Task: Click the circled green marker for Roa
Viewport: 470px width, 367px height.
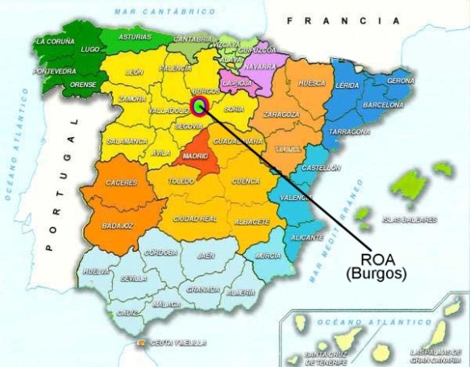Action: pos(200,105)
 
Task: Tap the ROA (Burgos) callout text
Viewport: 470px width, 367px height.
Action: pos(376,266)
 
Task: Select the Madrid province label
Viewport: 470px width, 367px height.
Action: pos(195,156)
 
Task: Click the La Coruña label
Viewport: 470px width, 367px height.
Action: pos(53,40)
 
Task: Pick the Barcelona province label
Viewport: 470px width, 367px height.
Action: pos(383,105)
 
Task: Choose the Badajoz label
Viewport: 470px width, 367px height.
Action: pos(117,227)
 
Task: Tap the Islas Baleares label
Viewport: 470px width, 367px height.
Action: pos(410,219)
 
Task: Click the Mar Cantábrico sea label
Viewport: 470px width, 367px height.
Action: pos(165,11)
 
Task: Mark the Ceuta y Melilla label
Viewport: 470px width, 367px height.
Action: pos(178,343)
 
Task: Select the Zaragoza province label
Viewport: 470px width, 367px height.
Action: pos(281,115)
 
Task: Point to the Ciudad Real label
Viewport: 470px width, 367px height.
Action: pos(196,219)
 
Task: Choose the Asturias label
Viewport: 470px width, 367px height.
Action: pos(135,37)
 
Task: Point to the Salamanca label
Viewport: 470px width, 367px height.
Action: pos(127,141)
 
